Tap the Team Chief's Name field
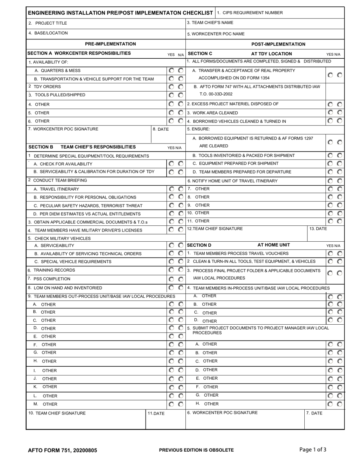pyautogui.click(x=265, y=23)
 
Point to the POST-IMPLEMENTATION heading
pyautogui.click(x=278, y=44)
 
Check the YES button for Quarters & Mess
pyautogui.click(x=172, y=70)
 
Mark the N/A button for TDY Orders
pyautogui.click(x=181, y=87)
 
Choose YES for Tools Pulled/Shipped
pyautogui.click(x=172, y=95)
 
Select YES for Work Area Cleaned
pyautogui.click(x=330, y=113)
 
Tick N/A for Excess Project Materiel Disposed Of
pyautogui.click(x=340, y=104)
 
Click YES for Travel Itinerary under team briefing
pyautogui.click(x=172, y=189)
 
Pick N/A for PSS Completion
pyautogui.click(x=181, y=279)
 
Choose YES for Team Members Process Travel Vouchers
pyautogui.click(x=330, y=253)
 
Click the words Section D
pyautogui.click(x=200, y=245)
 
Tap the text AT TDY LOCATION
pyautogui.click(x=271, y=54)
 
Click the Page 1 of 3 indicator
pyautogui.click(x=313, y=450)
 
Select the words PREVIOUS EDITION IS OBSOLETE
pyautogui.click(x=196, y=450)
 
